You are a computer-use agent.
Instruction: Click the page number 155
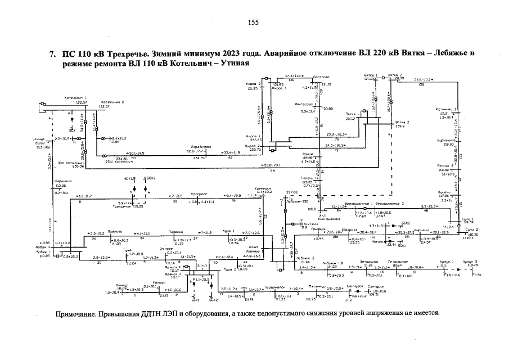pyautogui.click(x=253, y=22)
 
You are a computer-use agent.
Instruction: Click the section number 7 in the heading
pyautogui.click(x=52, y=54)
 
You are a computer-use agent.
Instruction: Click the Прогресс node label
pyautogui.click(x=200, y=193)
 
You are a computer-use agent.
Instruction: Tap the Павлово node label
pyautogui.click(x=115, y=232)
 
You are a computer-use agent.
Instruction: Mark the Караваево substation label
pyautogui.click(x=201, y=147)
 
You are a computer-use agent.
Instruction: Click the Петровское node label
pyautogui.click(x=397, y=262)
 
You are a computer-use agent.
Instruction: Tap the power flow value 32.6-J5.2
pyautogui.click(x=426, y=80)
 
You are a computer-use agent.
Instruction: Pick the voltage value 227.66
pyautogui.click(x=292, y=191)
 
